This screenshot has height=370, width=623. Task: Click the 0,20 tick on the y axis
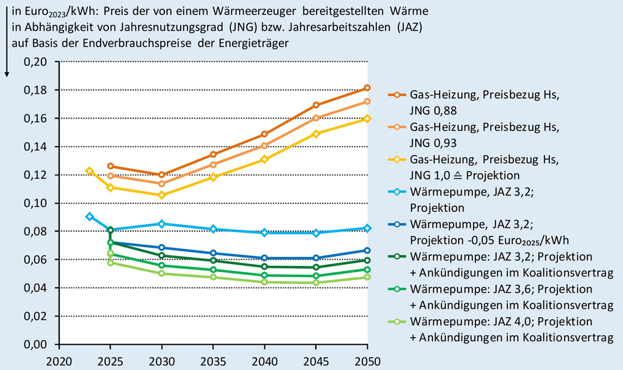[35, 62]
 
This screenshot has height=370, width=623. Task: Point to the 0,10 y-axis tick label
[35, 203]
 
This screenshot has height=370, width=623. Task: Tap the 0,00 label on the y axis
[35, 344]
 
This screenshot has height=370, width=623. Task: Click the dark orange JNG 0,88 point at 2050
[367, 88]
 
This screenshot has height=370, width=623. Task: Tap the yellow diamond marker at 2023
[89, 171]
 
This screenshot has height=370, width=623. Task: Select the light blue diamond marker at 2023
[89, 216]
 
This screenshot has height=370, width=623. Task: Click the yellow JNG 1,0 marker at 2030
[161, 195]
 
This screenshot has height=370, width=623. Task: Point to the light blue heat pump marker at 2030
[161, 224]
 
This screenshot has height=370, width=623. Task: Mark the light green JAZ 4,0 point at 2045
[316, 283]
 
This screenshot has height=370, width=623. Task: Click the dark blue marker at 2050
[367, 250]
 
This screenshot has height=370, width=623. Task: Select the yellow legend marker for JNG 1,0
[394, 157]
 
